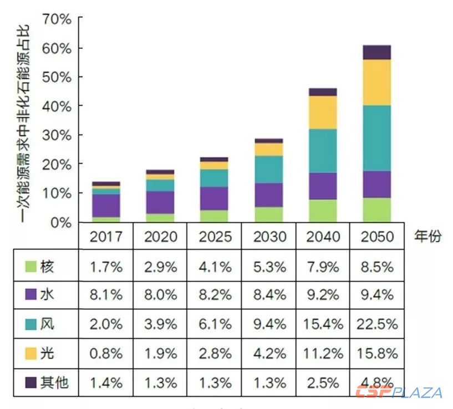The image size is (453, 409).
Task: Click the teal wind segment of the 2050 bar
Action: (377, 138)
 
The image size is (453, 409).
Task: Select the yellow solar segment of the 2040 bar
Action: (323, 113)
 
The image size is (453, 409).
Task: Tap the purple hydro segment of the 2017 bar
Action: (106, 205)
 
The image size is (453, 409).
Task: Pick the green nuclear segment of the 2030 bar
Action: (269, 214)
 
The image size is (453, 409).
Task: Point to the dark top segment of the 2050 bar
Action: (377, 52)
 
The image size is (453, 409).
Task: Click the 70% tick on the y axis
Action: (57, 20)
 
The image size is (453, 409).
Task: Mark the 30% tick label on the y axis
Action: (57, 135)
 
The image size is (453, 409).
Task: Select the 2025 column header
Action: (215, 236)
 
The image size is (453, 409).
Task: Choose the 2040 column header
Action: (323, 236)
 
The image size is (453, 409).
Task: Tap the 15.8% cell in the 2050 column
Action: (377, 352)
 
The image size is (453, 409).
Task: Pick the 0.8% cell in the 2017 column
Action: (106, 352)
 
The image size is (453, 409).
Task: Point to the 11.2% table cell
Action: (323, 352)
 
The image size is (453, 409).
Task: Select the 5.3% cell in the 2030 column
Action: (269, 267)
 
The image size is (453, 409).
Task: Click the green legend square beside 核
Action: (30, 267)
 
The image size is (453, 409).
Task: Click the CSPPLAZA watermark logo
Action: (399, 392)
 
